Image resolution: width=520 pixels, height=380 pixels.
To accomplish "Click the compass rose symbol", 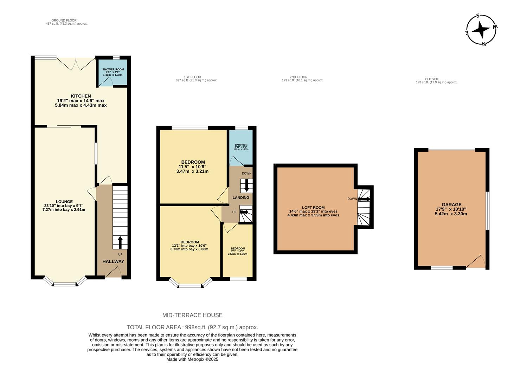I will [481, 30].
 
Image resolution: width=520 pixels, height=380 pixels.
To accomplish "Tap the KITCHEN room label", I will [81, 96].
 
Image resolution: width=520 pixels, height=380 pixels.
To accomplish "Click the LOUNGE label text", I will [64, 202].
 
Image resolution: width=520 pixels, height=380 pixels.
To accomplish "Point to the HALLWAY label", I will [113, 261].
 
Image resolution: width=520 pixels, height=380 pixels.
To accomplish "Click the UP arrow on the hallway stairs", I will [120, 242].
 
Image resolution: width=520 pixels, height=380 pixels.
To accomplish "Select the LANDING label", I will [241, 198].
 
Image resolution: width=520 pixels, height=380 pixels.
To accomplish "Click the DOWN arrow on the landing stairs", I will [246, 185].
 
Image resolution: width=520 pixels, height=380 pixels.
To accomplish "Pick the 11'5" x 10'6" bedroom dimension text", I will [192, 167].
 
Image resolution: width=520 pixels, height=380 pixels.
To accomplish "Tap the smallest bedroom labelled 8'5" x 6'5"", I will [238, 251].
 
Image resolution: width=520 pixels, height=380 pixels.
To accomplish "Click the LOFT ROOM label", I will [314, 208].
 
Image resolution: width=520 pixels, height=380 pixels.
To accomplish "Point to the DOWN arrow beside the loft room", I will [364, 199].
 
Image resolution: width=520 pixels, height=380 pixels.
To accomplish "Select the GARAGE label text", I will [451, 204].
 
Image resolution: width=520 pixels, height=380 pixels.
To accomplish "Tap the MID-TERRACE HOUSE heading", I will [192, 315].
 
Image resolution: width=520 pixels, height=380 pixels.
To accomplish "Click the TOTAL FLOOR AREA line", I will [192, 327].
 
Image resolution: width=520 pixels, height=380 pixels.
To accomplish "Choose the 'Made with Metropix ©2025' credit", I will [192, 360].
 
